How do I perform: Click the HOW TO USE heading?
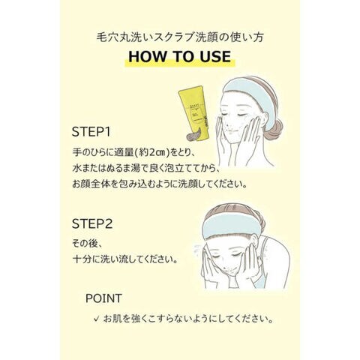tap(180, 56)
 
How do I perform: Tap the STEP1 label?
tap(91, 132)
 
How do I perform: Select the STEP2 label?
tap(92, 223)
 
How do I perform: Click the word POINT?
tap(103, 298)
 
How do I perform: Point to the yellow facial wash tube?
tap(194, 112)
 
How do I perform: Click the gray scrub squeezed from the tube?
tap(193, 134)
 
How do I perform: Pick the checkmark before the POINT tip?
tap(96, 319)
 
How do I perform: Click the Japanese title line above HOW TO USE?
tap(180, 37)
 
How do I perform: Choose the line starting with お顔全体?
tap(160, 184)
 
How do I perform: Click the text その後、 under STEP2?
tap(87, 244)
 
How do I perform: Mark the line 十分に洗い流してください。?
tap(125, 259)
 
